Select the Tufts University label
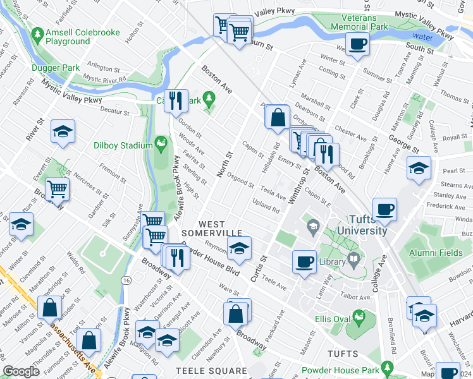pyautogui.click(x=360, y=226)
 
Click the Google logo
pyautogui.click(x=21, y=371)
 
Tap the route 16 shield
pyautogui.click(x=127, y=279)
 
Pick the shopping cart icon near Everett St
pyautogui.click(x=58, y=188)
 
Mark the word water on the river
pyautogui.click(x=423, y=37)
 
